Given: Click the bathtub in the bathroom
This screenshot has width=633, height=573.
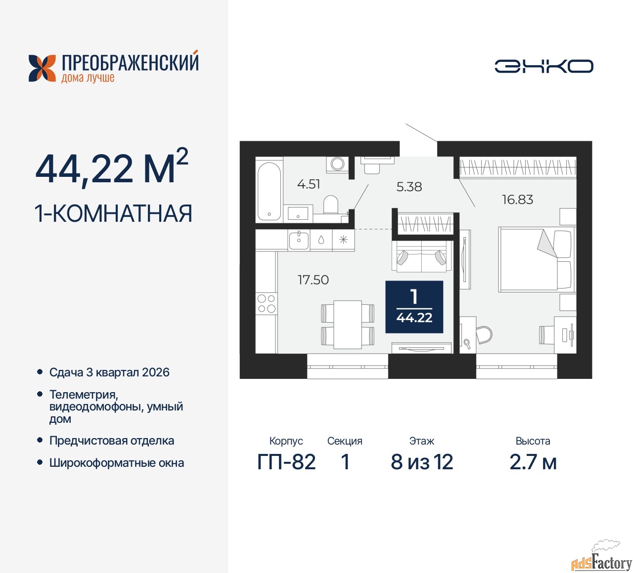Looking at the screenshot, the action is click(x=269, y=191).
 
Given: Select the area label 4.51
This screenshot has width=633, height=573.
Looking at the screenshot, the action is click(x=309, y=184).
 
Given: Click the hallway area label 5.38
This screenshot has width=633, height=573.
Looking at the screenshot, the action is click(x=409, y=187).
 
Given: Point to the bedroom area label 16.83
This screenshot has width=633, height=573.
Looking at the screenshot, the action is click(x=517, y=200).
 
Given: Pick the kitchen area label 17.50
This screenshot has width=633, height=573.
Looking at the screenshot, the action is click(x=313, y=280).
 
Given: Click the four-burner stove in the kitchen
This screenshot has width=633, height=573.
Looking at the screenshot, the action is click(x=267, y=303).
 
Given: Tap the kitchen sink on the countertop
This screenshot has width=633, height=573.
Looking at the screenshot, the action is click(x=299, y=241).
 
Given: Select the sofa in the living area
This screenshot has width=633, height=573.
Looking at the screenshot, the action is click(x=422, y=256).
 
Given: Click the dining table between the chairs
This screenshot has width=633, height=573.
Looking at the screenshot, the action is click(x=348, y=325).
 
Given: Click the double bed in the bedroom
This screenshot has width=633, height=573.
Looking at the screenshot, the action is click(x=537, y=259).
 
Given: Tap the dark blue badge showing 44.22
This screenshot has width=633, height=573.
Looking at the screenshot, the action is click(x=414, y=307).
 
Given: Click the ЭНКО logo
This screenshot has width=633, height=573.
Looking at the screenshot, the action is click(x=543, y=66).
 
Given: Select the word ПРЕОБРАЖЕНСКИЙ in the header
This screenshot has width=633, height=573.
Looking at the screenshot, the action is click(x=130, y=62).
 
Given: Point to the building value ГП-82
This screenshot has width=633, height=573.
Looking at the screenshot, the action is click(x=286, y=462).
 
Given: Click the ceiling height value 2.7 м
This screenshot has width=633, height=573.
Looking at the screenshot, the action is click(x=533, y=462).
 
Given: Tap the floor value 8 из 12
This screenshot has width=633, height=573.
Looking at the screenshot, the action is click(x=421, y=462).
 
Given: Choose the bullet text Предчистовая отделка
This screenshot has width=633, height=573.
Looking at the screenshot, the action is click(x=112, y=441).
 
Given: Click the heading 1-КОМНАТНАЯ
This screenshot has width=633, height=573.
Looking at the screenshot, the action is click(x=113, y=213).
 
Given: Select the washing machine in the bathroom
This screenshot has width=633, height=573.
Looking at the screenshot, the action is click(x=337, y=164).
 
